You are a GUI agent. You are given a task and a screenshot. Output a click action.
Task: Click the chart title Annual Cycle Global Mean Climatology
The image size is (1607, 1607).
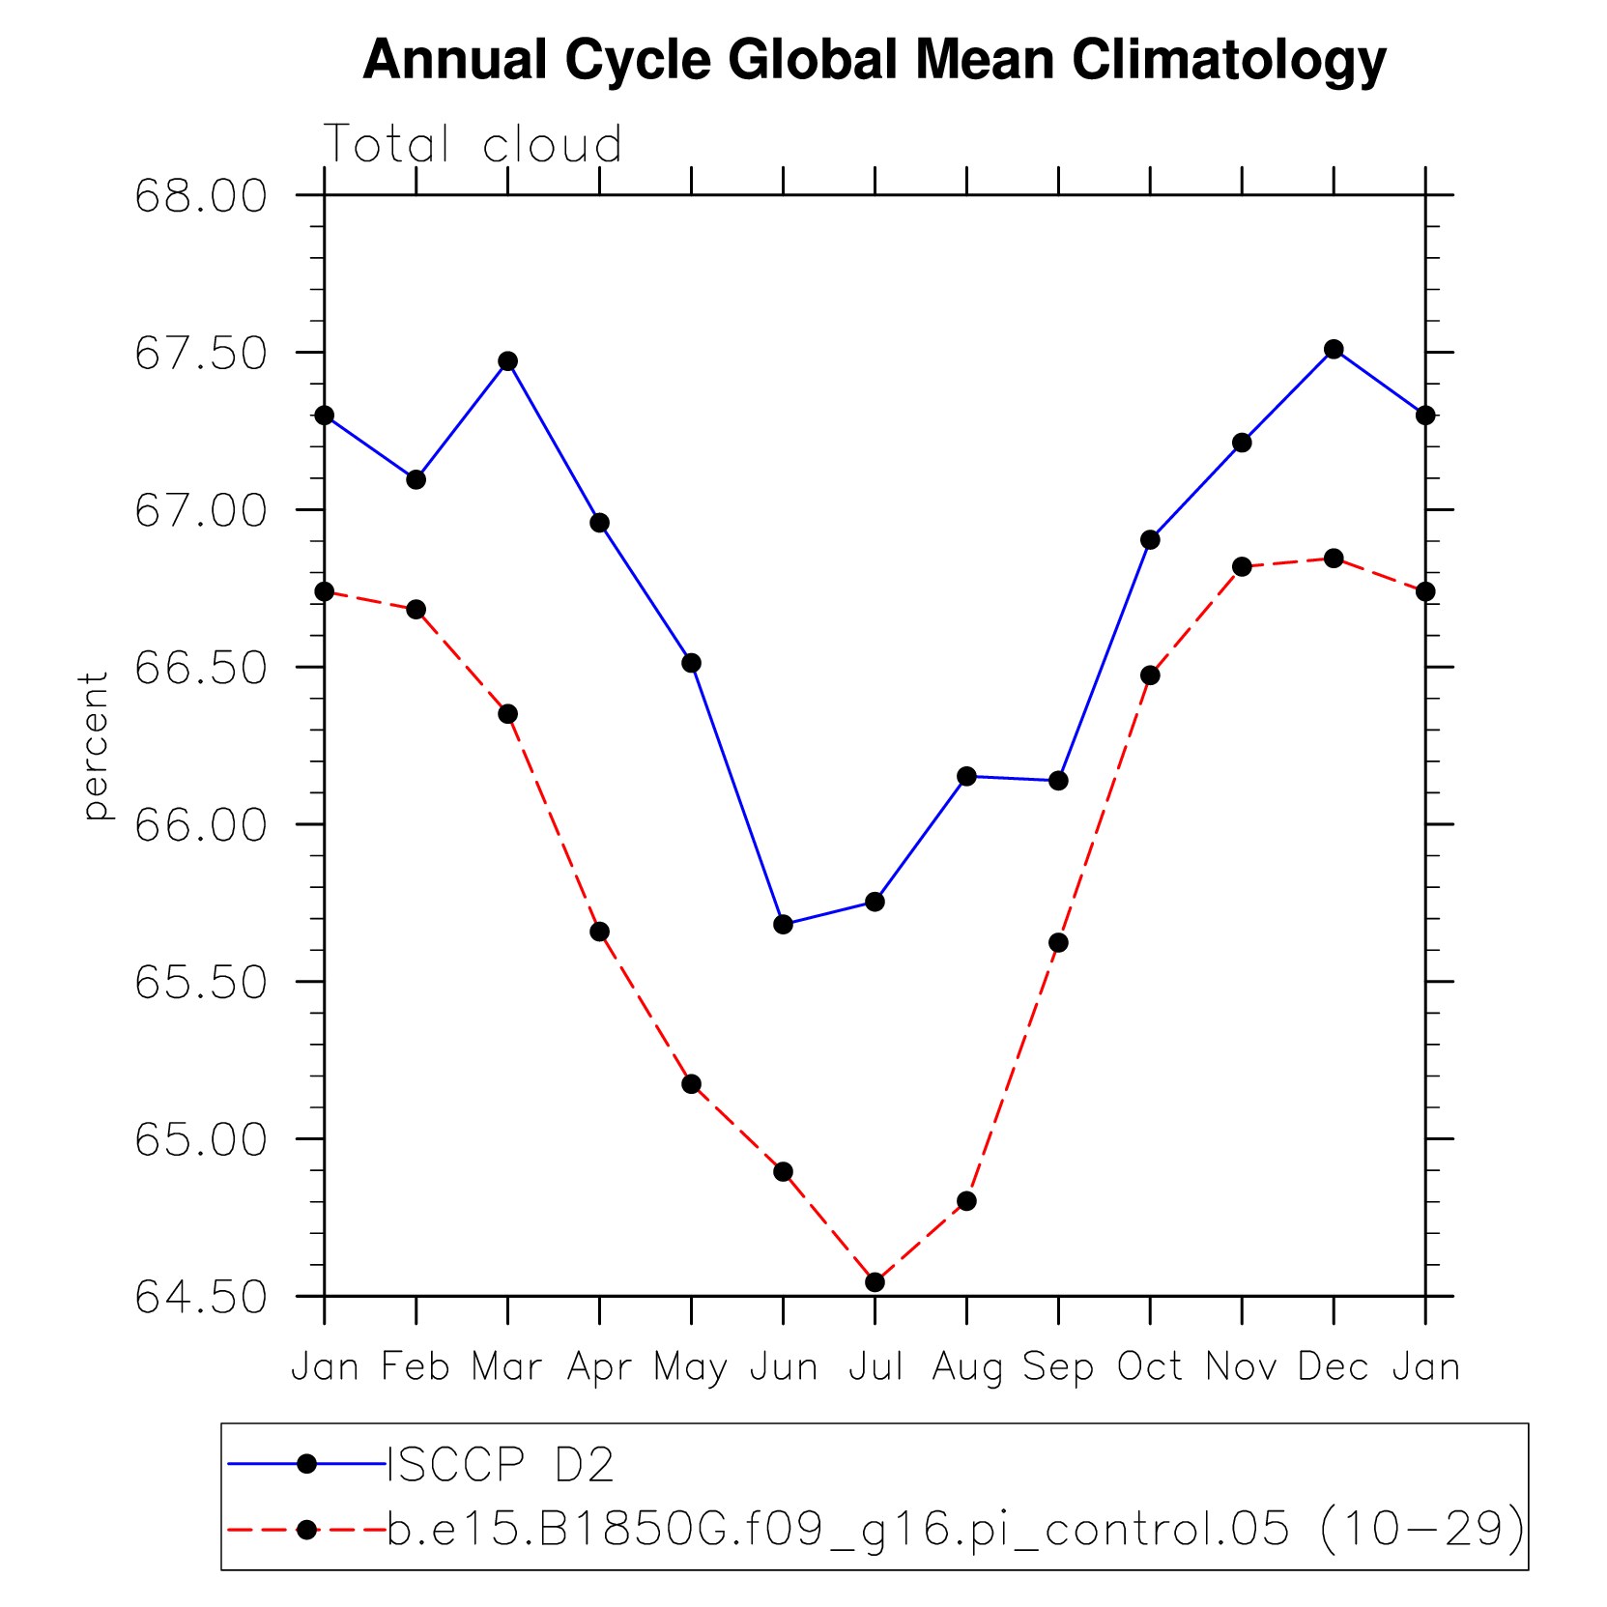(874, 60)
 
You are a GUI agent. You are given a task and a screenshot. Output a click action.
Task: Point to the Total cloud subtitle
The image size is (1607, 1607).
(473, 145)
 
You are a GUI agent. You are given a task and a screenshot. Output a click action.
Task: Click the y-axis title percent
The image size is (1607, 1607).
(95, 746)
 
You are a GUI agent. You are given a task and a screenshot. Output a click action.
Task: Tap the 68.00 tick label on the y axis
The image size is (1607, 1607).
(201, 196)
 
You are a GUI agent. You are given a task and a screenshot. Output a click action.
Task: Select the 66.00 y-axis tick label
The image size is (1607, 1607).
(201, 825)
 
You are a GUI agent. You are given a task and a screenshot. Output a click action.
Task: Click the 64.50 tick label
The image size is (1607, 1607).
(201, 1298)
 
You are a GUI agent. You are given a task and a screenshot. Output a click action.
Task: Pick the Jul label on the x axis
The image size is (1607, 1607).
(875, 1366)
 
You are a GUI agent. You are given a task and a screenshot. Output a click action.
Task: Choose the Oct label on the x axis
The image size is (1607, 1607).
(1150, 1366)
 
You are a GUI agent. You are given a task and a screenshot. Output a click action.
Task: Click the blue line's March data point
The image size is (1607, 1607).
(508, 361)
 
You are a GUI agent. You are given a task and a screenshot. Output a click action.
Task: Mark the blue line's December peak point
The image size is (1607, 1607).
(1334, 349)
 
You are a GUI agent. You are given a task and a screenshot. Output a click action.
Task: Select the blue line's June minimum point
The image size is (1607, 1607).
(784, 925)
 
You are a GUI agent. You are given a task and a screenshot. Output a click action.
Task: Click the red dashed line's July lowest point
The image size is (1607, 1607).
(875, 1282)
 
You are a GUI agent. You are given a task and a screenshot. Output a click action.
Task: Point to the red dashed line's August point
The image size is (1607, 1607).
(966, 1201)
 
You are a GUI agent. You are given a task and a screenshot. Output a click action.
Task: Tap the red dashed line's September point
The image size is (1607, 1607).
(1058, 942)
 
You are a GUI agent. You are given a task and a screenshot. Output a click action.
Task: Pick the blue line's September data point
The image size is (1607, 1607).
(1058, 780)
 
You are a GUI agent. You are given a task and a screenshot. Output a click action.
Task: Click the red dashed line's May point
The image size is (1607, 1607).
(692, 1084)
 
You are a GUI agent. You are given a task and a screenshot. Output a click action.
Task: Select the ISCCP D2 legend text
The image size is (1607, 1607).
(501, 1465)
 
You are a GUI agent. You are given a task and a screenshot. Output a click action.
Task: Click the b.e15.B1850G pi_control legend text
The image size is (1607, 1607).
(955, 1529)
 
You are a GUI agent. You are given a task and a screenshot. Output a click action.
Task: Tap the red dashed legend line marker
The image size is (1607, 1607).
(307, 1529)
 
